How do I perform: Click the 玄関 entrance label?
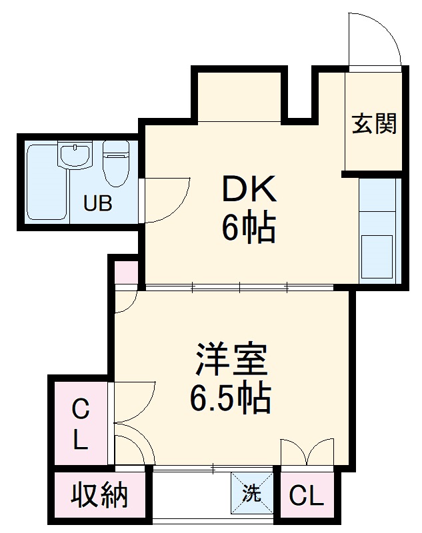[x=374, y=123]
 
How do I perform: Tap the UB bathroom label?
[x=97, y=204]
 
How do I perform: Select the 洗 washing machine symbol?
[x=252, y=494]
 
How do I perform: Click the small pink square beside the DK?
[x=126, y=272]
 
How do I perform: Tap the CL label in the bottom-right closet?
[x=307, y=496]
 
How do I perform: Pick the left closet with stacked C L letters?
[x=79, y=423]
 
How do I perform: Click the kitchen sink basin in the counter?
[x=378, y=256]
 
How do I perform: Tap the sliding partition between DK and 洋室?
[x=240, y=288]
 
